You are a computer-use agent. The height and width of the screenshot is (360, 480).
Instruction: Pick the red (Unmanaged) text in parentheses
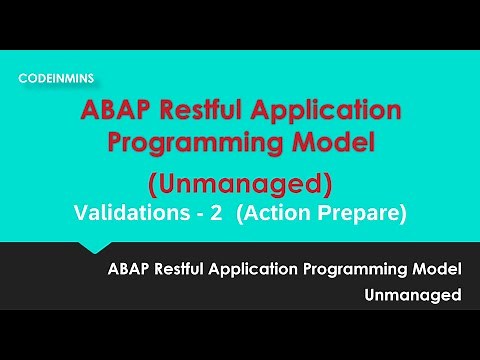tap(239, 185)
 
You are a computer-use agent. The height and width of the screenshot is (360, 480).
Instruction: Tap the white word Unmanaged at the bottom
tap(413, 295)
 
